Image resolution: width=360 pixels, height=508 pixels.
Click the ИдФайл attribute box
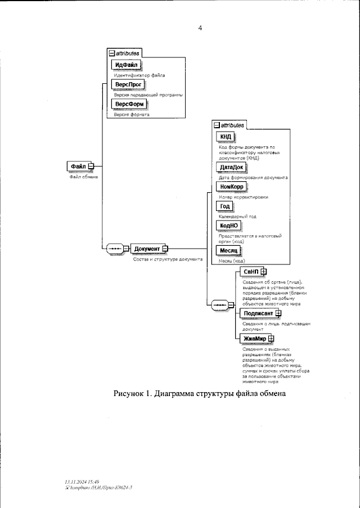tap(125, 66)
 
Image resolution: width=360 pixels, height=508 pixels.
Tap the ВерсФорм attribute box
tap(129, 105)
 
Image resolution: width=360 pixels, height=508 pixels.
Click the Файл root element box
tap(79, 166)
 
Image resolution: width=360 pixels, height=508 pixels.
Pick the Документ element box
tap(147, 249)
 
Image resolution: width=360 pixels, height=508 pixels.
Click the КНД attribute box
tap(226, 138)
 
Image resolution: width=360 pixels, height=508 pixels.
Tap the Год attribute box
tap(224, 206)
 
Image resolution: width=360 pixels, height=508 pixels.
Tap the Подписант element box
tap(258, 313)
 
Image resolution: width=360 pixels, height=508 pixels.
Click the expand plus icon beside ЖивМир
tap(271, 338)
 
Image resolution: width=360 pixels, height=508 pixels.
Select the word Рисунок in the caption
tap(130, 395)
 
